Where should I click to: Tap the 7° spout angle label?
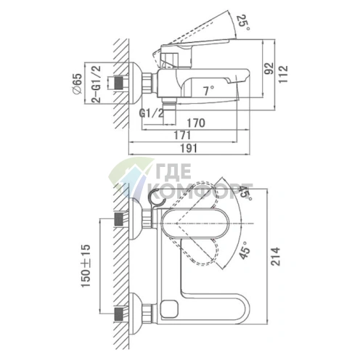pyautogui.click(x=209, y=91)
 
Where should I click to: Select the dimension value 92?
pyautogui.click(x=269, y=68)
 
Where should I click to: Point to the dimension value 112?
pyautogui.click(x=283, y=74)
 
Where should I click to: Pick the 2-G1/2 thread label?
pyautogui.click(x=96, y=84)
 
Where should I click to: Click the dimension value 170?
pyautogui.click(x=196, y=123)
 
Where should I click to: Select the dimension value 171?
pyautogui.click(x=182, y=135)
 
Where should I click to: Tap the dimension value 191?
pyautogui.click(x=189, y=148)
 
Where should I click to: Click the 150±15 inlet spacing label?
pyautogui.click(x=86, y=266)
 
